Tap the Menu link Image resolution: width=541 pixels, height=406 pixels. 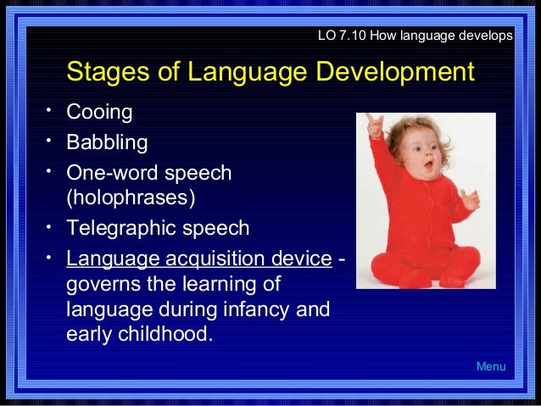click(490, 367)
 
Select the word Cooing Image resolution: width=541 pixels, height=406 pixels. click(99, 113)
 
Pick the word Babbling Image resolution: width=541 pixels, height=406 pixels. click(107, 142)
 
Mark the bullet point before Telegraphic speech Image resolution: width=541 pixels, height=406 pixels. click(51, 225)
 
